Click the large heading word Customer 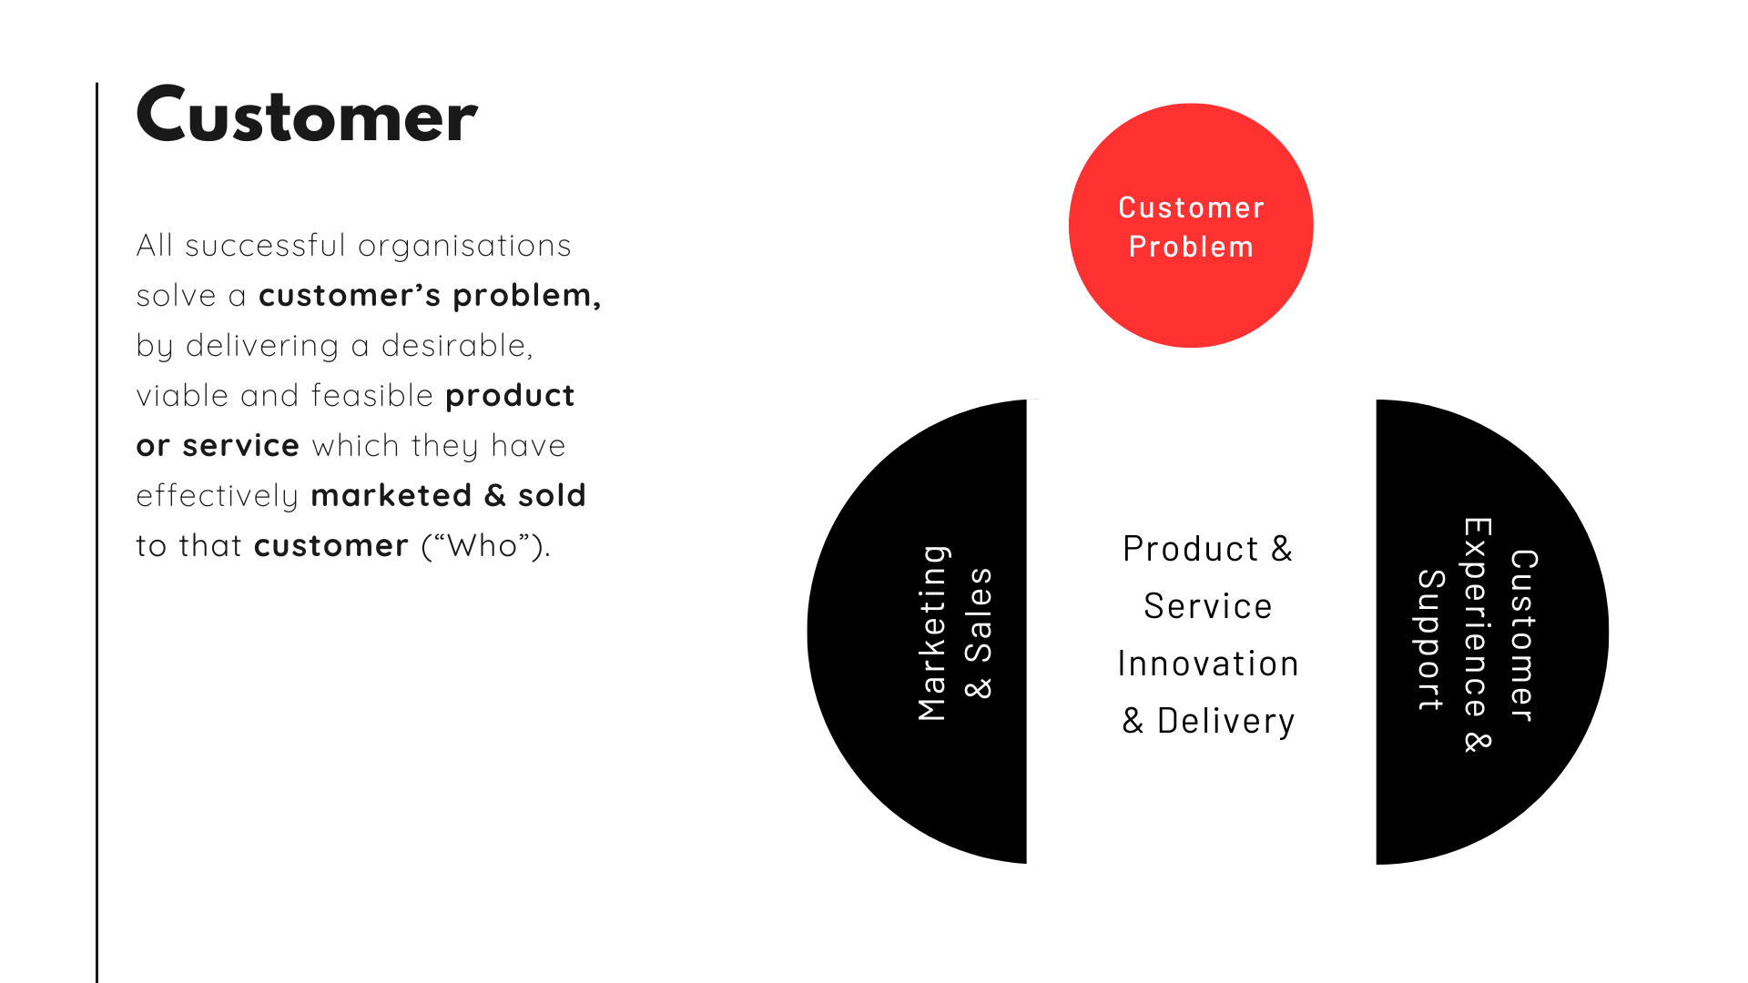coord(307,115)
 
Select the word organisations coord(464,246)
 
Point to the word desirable coord(454,345)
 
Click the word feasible coord(372,395)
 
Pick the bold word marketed coord(391,495)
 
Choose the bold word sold coord(552,495)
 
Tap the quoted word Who coord(483,545)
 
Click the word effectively coord(218,496)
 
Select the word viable coord(183,395)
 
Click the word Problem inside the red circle coord(1191,247)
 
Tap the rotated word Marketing coord(933,633)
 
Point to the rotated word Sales coord(979,614)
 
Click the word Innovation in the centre coord(1208,664)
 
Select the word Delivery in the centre coord(1225,721)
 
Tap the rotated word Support coord(1430,640)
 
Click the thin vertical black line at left coord(97,532)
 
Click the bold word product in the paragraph coord(510,396)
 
